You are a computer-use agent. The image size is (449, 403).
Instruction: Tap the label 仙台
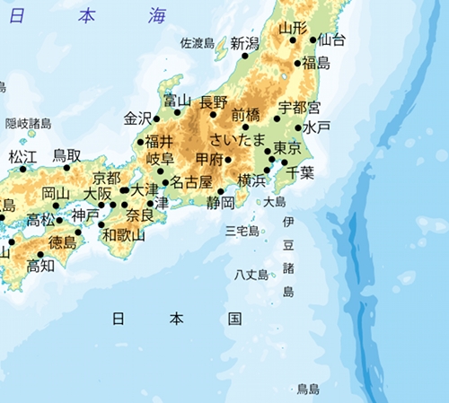[332, 39]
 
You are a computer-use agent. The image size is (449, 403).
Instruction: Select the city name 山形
[292, 28]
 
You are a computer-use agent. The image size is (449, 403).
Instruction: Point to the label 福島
[316, 63]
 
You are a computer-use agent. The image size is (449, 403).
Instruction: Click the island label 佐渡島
[198, 42]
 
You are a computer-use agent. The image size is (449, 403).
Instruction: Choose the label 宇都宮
[299, 108]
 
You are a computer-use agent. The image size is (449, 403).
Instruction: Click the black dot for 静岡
[220, 191]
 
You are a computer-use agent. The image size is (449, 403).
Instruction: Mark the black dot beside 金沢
[156, 118]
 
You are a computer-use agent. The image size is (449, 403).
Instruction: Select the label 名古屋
[191, 183]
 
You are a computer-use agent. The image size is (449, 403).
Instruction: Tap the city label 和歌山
[123, 235]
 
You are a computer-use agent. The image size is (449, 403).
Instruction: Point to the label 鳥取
[67, 155]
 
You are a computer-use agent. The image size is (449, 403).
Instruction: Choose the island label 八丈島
[251, 274]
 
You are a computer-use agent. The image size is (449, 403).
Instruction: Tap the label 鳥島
[308, 389]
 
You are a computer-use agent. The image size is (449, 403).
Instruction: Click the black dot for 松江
[22, 169]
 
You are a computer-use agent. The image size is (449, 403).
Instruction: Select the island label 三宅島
[242, 232]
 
